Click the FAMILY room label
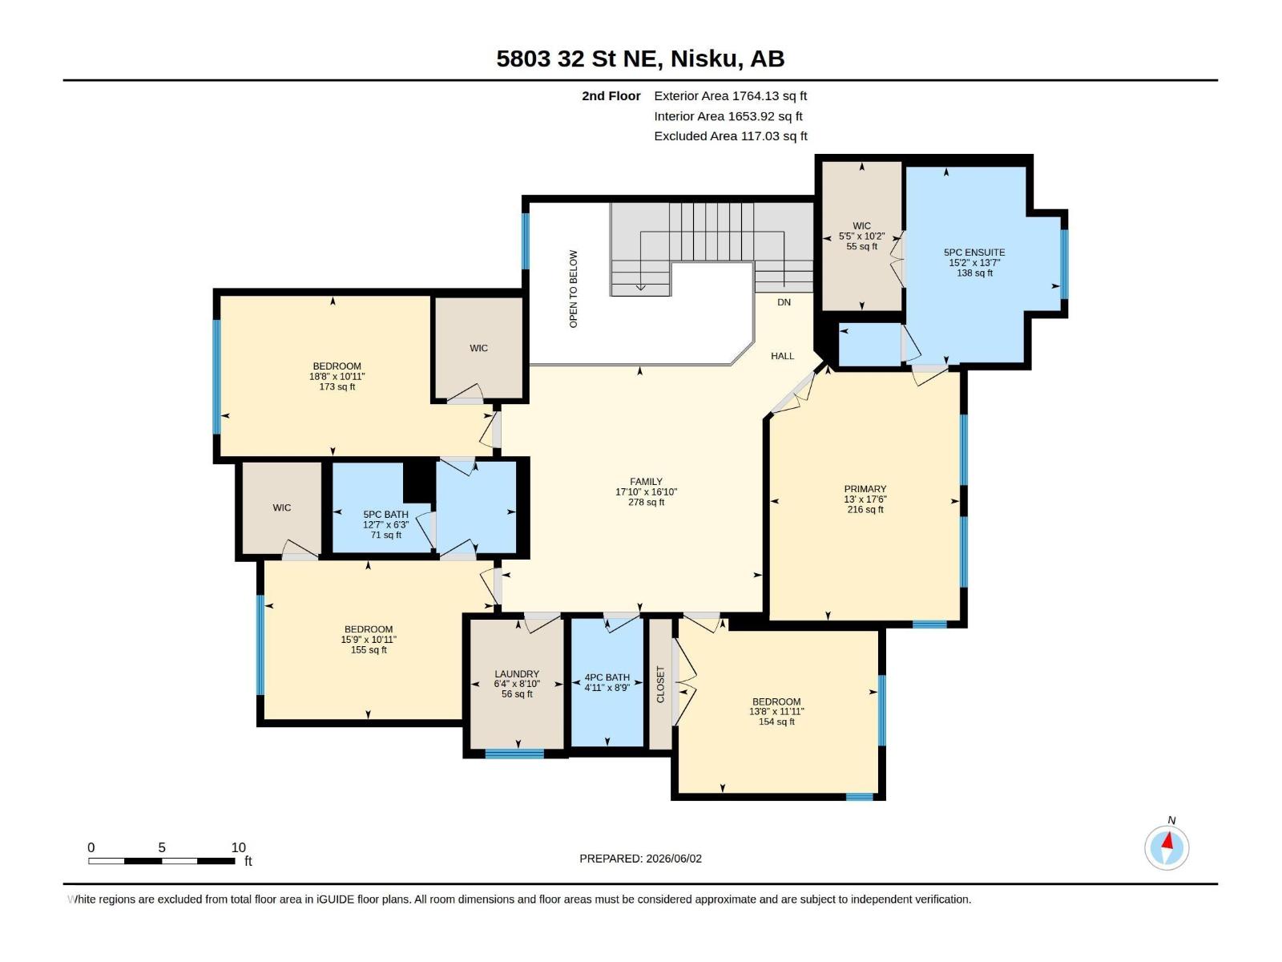tap(645, 481)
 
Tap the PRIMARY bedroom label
tap(865, 489)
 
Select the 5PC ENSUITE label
tap(974, 253)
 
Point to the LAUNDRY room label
tap(516, 673)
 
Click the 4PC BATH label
tap(607, 677)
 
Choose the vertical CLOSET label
tap(660, 684)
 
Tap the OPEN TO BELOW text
tap(573, 289)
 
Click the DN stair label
tap(784, 302)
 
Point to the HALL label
tap(782, 356)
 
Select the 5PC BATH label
tap(385, 514)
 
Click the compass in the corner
tap(1167, 848)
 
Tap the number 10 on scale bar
tap(238, 847)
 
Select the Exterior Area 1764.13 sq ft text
tap(730, 95)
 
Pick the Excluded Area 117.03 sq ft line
tap(731, 136)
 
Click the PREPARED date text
tap(640, 859)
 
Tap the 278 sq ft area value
tap(645, 502)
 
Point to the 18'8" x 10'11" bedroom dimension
tap(337, 376)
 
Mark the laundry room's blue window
tap(514, 754)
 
